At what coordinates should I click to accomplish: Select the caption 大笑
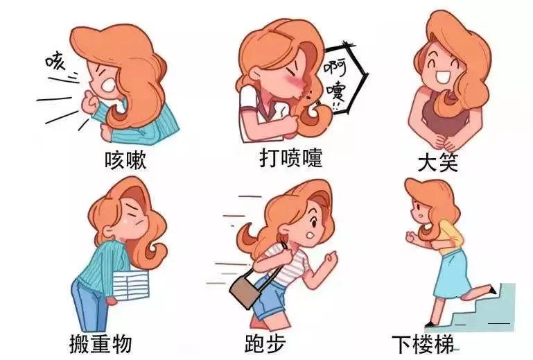coord(439,162)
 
